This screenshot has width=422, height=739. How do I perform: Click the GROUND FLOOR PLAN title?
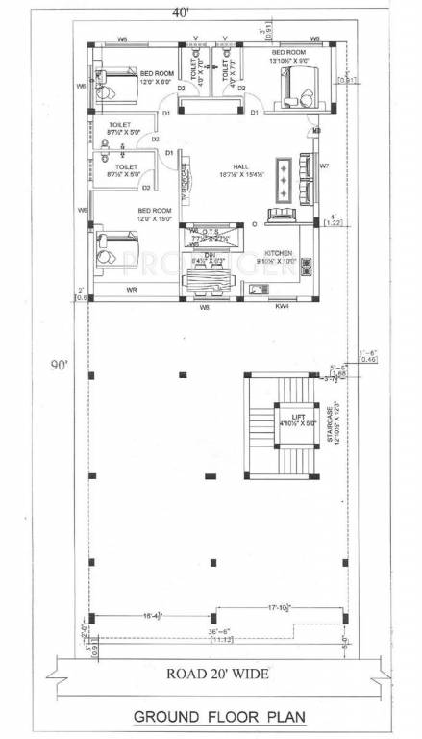tap(212, 717)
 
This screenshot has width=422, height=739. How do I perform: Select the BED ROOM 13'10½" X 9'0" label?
tap(288, 56)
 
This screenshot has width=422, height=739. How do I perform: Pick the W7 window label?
tap(324, 166)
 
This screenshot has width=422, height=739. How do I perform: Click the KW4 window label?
tap(282, 307)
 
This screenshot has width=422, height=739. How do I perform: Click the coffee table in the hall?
tap(284, 177)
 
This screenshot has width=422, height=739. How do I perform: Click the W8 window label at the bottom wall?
tap(205, 307)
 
